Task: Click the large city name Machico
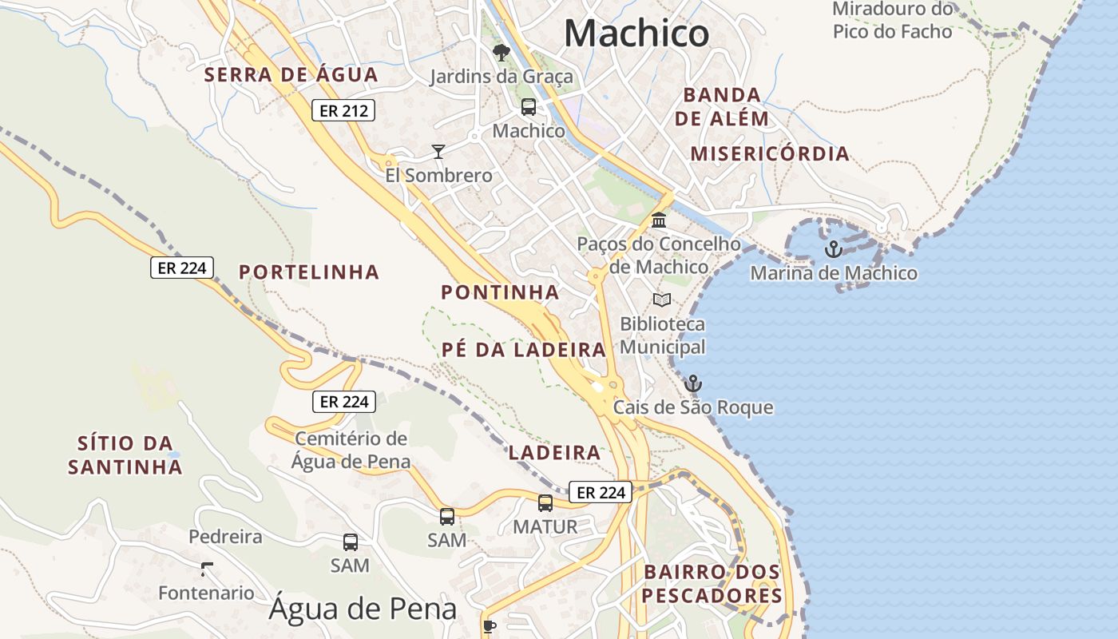tap(636, 34)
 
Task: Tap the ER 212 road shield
tap(343, 111)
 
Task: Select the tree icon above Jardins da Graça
tap(502, 53)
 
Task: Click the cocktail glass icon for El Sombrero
tap(438, 151)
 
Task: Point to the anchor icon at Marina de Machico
tap(833, 249)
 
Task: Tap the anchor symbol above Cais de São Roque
tap(692, 384)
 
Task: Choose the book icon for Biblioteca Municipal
tap(661, 300)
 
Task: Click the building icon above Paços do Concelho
tap(659, 220)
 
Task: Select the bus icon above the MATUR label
tap(545, 503)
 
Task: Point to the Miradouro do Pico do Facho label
tap(893, 21)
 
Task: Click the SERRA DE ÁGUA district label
tap(291, 75)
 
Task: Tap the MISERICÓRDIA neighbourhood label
tap(770, 154)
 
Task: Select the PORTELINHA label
tap(309, 272)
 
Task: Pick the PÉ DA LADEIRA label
tap(524, 350)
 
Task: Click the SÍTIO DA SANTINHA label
tap(125, 455)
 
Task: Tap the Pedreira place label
tap(225, 537)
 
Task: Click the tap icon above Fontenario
tap(207, 569)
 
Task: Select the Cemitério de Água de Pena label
tap(351, 450)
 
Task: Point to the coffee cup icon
tap(490, 625)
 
